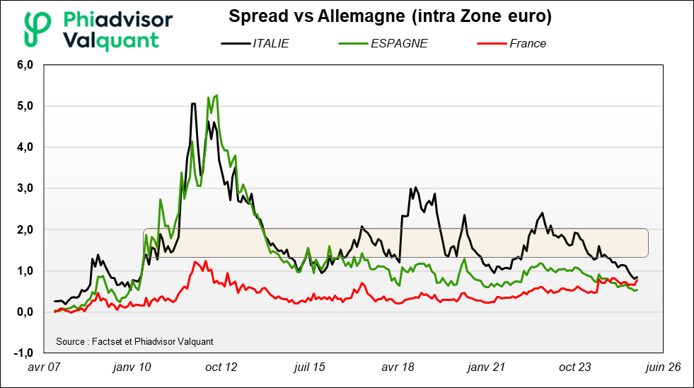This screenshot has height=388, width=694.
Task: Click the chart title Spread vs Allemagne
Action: point(390,16)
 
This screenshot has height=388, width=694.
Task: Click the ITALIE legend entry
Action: point(270,43)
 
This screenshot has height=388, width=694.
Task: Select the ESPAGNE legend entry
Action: point(398,43)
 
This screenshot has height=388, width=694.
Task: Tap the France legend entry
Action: point(527,43)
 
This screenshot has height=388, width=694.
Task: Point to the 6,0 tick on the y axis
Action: point(25,65)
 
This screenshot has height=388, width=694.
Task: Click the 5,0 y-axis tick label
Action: point(25,106)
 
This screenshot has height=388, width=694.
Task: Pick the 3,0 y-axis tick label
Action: point(25,188)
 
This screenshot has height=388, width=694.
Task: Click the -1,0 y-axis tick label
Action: point(23,353)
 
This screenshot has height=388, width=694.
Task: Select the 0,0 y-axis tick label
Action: point(25,312)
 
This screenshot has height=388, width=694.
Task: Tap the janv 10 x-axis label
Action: point(132,367)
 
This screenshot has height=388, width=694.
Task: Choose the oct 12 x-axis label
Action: point(221,367)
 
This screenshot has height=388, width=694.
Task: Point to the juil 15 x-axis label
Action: point(309,367)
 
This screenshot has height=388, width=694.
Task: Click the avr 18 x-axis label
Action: point(398,367)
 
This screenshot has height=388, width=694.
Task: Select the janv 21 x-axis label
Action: point(487,367)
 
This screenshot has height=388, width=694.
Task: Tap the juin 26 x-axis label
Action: point(664,367)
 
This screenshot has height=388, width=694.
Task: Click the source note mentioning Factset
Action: point(134,341)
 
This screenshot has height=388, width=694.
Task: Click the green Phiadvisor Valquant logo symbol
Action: point(37,28)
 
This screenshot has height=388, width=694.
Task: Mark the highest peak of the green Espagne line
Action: point(215,95)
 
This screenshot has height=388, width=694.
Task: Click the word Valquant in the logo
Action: point(111,40)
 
